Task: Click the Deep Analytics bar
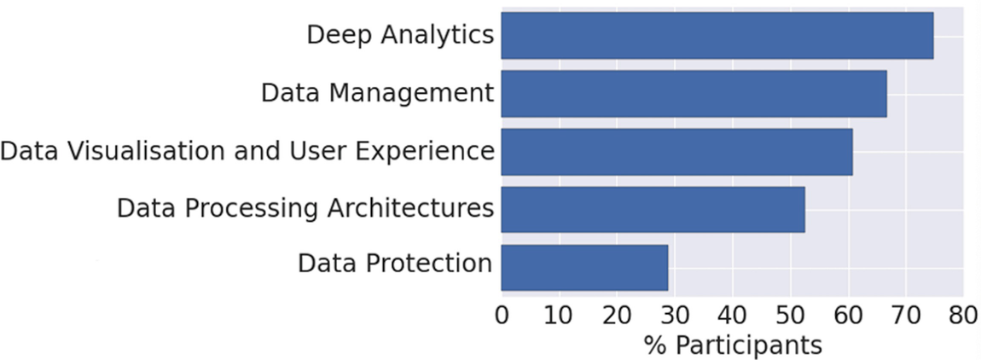[x=717, y=36]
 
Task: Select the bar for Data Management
[x=694, y=94]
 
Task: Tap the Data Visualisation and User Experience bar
[x=676, y=152]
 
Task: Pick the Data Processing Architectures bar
[x=653, y=209]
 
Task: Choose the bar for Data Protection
[x=584, y=267]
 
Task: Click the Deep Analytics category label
[x=400, y=35]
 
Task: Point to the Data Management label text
[x=377, y=93]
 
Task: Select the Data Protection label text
[x=394, y=264]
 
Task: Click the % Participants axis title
[x=732, y=345]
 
